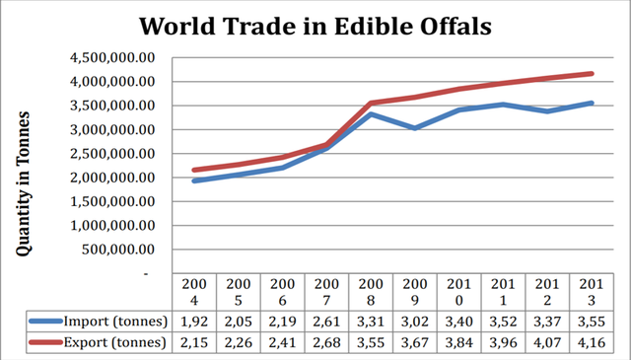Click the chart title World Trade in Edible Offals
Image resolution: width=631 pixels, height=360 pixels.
click(x=315, y=27)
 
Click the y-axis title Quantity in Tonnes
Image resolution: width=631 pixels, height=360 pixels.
click(x=24, y=183)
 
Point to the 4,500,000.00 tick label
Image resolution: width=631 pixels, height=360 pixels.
click(x=112, y=58)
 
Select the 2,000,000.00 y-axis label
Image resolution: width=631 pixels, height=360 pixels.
click(x=112, y=178)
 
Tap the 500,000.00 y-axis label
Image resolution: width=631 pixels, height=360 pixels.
click(x=118, y=250)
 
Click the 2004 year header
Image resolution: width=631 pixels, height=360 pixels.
click(x=194, y=292)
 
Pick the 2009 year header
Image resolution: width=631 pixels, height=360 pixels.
click(x=415, y=292)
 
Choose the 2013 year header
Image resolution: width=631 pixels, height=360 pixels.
click(x=592, y=292)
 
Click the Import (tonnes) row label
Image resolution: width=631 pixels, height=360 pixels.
click(x=115, y=322)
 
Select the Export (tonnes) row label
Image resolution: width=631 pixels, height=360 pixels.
click(x=115, y=342)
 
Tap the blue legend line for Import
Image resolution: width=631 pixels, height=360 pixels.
click(x=46, y=321)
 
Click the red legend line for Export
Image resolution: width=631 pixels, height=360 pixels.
click(x=46, y=342)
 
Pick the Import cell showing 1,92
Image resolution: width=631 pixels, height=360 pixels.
click(x=194, y=322)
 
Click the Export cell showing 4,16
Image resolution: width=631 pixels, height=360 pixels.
click(x=592, y=342)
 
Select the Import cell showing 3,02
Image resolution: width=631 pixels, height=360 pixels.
click(x=415, y=322)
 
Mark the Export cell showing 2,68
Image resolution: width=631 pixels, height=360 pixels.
click(x=326, y=342)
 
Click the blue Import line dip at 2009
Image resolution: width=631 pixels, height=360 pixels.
click(x=415, y=128)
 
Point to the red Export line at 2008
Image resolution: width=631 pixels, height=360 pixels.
click(x=371, y=104)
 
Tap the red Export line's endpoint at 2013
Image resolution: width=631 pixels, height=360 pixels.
click(x=592, y=74)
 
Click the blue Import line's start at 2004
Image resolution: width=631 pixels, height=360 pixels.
click(x=194, y=180)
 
